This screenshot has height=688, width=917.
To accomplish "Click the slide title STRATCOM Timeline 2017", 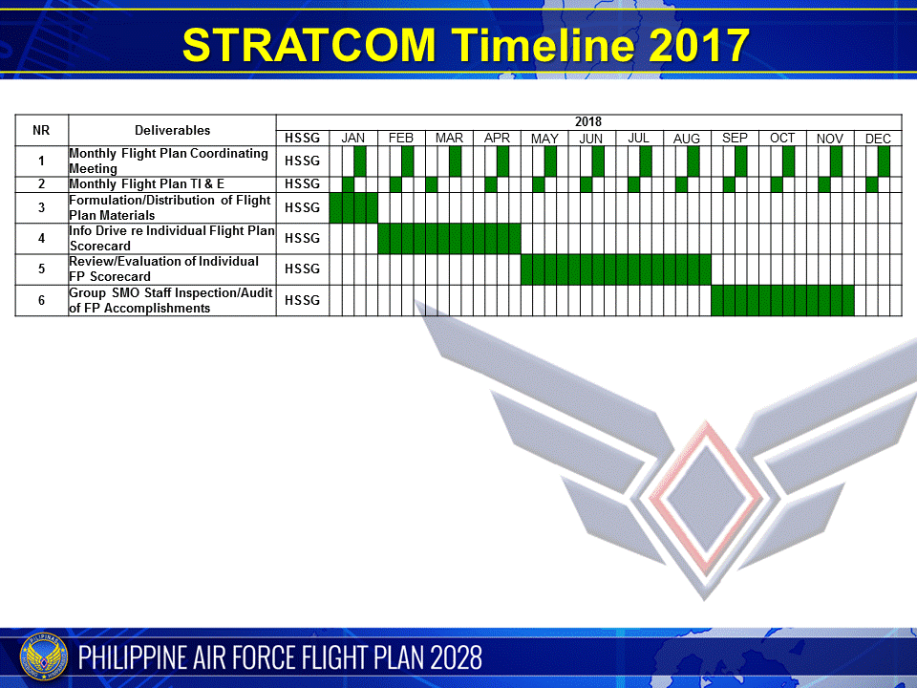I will [466, 45].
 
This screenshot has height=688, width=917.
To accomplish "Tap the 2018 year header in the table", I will [588, 122].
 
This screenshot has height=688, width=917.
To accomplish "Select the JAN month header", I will [353, 139].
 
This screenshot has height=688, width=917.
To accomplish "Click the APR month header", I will [497, 139].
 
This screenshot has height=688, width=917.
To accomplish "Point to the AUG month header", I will [687, 139].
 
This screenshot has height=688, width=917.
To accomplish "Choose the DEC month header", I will [878, 139].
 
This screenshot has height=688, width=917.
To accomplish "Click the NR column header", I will [41, 130].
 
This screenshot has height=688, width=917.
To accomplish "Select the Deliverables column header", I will [172, 130].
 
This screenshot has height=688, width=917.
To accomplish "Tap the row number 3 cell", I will [41, 207].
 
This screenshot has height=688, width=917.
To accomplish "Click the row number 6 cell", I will [41, 301].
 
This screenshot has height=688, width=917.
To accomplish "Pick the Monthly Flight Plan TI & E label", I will [146, 184].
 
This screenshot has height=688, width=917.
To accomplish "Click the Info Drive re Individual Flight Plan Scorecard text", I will [172, 238].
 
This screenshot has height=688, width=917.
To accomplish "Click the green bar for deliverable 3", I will [353, 207].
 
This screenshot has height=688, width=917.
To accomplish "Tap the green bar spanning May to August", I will [615, 269].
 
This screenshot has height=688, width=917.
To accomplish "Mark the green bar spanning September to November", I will [782, 301].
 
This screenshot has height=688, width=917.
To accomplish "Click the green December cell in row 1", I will [884, 161].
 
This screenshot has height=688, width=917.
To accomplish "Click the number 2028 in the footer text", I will [456, 657].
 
